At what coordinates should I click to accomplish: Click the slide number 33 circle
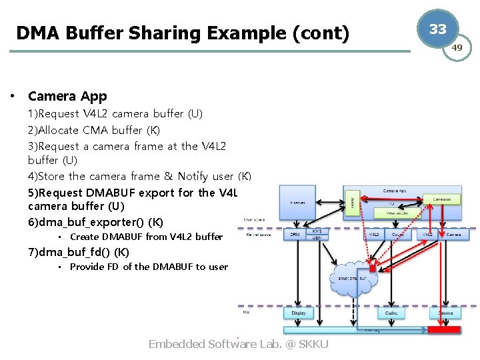[437, 29]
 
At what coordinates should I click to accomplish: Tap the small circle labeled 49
[457, 48]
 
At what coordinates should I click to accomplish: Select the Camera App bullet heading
[67, 97]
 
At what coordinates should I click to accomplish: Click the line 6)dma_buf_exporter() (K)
[95, 222]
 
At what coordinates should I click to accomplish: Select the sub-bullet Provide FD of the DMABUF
[149, 267]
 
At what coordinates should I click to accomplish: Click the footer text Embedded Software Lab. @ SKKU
[238, 344]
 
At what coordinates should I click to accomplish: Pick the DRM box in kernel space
[295, 235]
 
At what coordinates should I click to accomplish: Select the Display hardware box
[298, 313]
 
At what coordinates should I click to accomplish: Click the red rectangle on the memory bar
[444, 329]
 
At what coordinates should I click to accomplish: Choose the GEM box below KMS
[316, 237]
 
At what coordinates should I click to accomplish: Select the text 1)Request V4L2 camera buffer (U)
[115, 114]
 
